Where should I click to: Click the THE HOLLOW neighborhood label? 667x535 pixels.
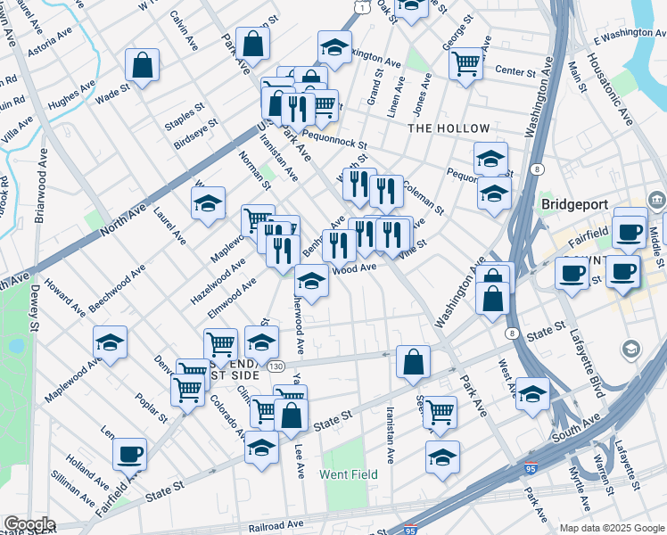click(x=449, y=129)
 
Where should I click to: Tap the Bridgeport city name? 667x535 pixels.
click(x=577, y=204)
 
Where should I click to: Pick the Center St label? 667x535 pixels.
click(x=513, y=70)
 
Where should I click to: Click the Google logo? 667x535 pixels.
click(x=29, y=524)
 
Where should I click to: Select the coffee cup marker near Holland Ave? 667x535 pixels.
click(x=130, y=454)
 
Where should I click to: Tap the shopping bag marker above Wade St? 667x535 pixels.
click(x=142, y=64)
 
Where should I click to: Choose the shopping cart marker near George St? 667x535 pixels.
click(x=465, y=62)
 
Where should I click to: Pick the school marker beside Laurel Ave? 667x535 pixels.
click(x=208, y=203)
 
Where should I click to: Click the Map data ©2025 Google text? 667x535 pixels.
click(x=611, y=528)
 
